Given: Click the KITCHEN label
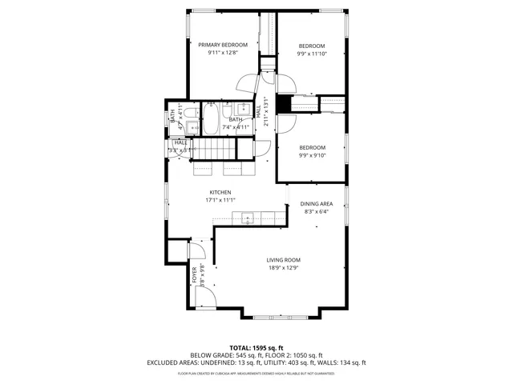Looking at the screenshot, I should tap(220, 192).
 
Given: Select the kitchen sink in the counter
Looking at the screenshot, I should tap(248, 217).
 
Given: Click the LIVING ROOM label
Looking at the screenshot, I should tap(284, 260).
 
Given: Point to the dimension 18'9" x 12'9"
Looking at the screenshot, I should tap(284, 268).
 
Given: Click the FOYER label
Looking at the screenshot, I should tap(193, 274).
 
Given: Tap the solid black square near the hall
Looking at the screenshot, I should tap(282, 104).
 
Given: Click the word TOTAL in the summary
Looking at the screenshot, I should tap(240, 348).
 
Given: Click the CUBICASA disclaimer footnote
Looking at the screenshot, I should tap(256, 374).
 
